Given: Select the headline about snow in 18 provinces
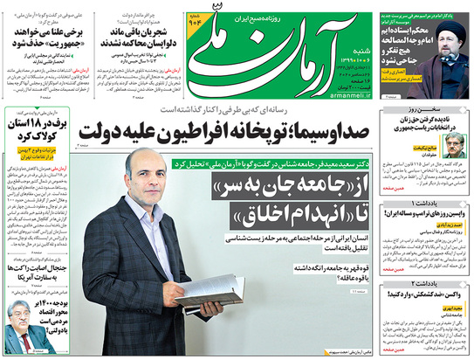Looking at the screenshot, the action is (33, 132).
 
